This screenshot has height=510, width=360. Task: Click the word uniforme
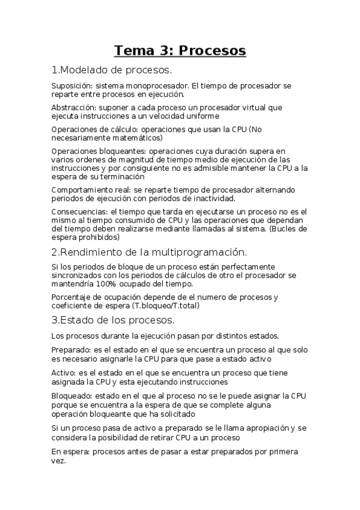click(x=200, y=116)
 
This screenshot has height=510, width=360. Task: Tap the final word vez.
click(x=58, y=461)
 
